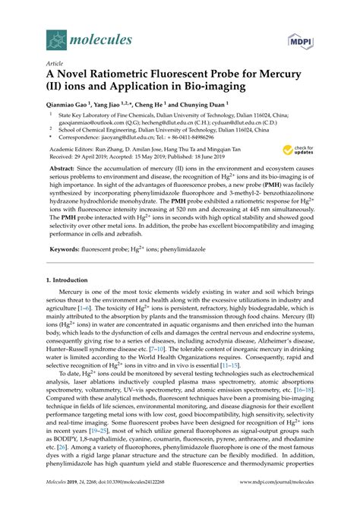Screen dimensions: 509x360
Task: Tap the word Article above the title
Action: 56,65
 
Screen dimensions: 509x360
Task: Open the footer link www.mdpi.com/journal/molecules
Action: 275,500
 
